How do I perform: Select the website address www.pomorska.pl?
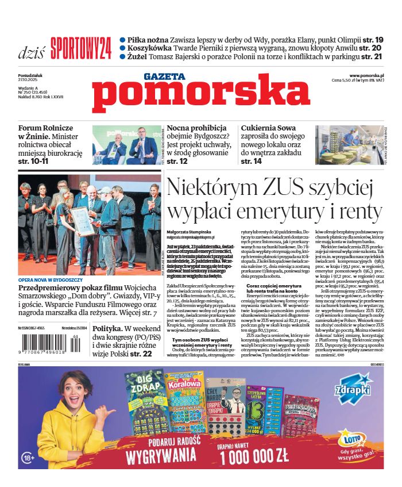point(366,76)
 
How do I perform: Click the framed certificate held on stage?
point(82,221)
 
